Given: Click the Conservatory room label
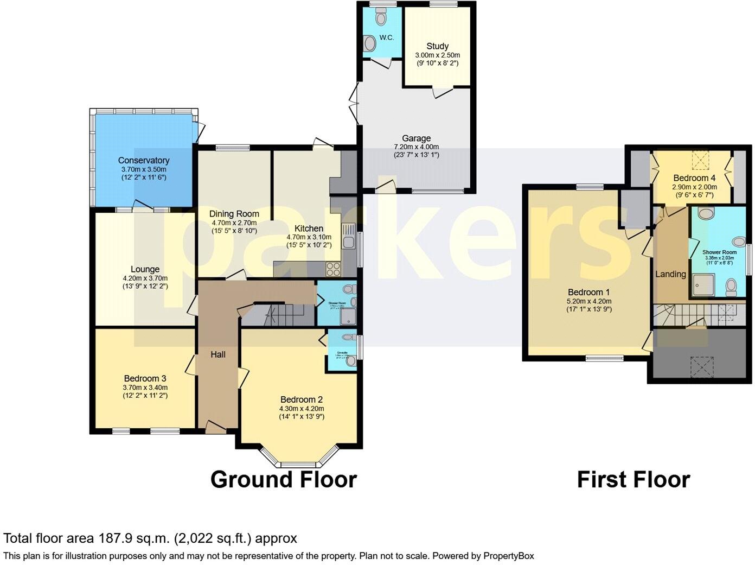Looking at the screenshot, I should (144, 161).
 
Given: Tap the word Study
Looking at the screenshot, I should (437, 46).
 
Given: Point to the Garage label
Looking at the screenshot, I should (416, 138).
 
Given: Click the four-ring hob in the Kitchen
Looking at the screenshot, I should (332, 268).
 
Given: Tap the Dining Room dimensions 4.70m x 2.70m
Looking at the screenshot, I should (234, 223).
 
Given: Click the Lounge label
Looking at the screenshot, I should (145, 269).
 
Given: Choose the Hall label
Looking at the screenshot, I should (218, 354).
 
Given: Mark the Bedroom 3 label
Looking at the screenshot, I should (145, 378).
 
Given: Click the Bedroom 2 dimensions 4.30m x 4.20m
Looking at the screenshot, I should (302, 409).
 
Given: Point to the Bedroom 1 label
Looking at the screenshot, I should (588, 292).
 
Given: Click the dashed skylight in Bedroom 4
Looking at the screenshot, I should (701, 160).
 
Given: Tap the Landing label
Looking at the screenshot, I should (670, 274).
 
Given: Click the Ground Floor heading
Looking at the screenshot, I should (283, 480).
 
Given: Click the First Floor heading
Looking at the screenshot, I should (633, 480).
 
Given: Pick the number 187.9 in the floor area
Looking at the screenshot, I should (115, 538).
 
